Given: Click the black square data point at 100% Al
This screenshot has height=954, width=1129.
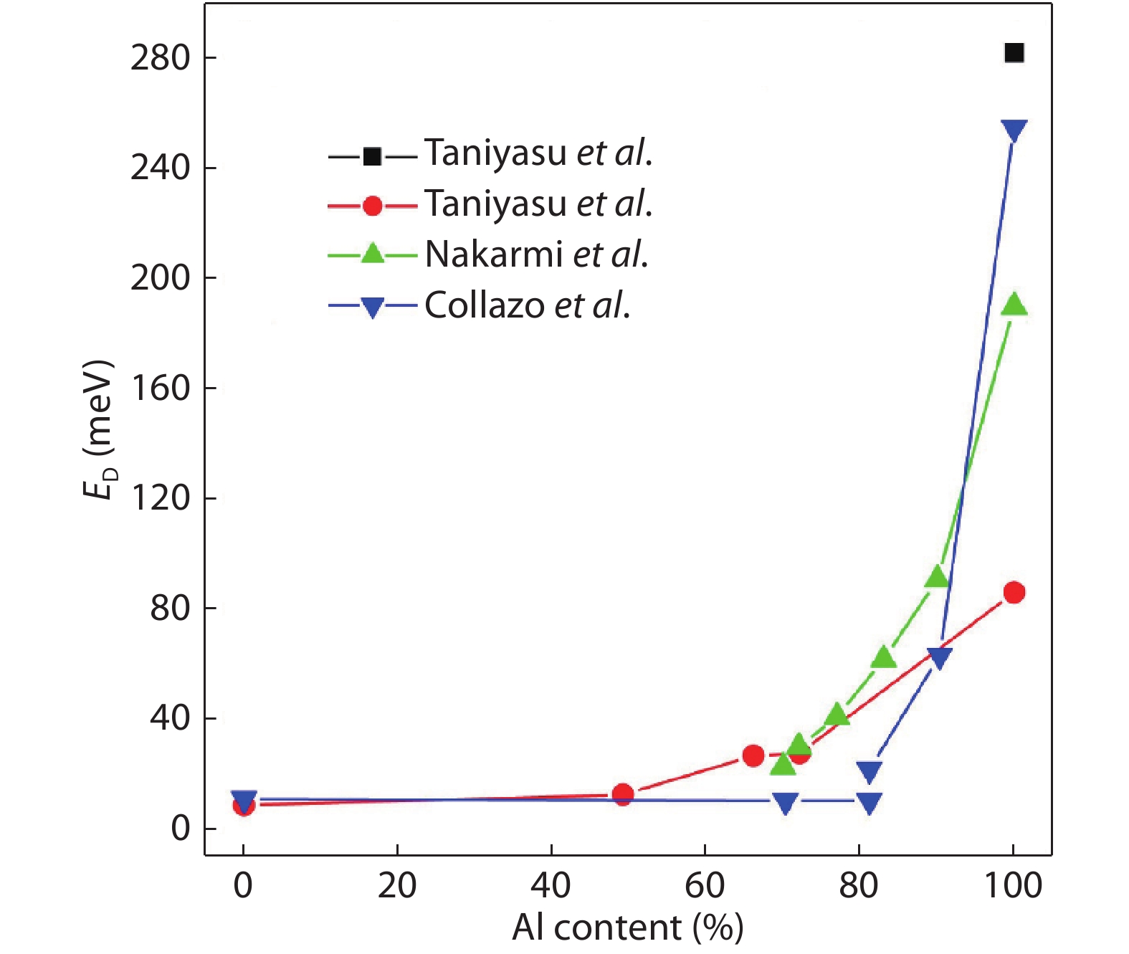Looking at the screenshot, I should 1014,53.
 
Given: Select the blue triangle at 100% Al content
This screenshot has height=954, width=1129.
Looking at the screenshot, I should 1014,130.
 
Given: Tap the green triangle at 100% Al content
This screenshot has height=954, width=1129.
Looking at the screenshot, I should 1014,305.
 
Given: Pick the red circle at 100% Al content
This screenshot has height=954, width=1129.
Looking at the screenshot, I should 1014,593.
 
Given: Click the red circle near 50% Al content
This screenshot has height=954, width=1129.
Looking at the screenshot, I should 623,794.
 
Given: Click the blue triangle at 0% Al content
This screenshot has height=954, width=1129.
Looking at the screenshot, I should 244,800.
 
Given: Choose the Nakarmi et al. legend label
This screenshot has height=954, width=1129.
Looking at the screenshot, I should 537,254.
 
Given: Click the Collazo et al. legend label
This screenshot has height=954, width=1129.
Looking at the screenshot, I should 528,305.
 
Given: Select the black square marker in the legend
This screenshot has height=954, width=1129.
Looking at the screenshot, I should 372,156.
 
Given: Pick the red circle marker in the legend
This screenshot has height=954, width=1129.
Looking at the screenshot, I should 372,206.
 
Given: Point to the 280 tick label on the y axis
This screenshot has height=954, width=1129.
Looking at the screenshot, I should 160,58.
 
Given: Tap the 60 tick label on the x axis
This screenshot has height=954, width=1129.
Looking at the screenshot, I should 705,886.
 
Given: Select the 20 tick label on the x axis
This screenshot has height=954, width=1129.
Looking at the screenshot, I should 397,886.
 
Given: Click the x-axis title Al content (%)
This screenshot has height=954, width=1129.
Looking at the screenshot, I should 627,928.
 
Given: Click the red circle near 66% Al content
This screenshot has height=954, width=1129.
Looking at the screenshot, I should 753,755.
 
